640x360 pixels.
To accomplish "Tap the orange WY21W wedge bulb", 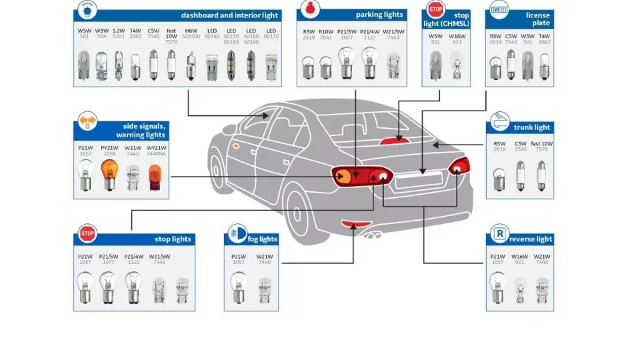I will [x=155, y=177].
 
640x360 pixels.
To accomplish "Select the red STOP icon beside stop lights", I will [x=87, y=235].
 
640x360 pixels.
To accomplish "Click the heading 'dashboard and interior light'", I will [x=229, y=15].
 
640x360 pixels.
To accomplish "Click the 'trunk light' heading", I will [x=532, y=127].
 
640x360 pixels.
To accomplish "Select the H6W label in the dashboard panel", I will [x=191, y=31].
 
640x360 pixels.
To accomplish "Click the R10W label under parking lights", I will [x=325, y=31].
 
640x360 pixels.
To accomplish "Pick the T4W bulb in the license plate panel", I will [x=544, y=67].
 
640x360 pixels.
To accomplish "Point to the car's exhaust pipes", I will [x=371, y=235].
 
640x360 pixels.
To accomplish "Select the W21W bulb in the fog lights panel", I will [x=264, y=288].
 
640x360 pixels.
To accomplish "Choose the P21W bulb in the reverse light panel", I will [x=497, y=287].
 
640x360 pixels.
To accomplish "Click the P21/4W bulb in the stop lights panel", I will [x=133, y=287].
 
